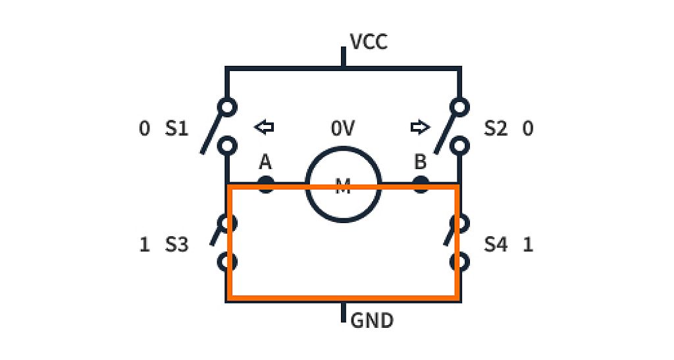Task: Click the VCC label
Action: (x=369, y=42)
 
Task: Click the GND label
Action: (x=372, y=321)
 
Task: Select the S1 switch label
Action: (x=176, y=128)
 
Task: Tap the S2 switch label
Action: (x=496, y=128)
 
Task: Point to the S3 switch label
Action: (x=176, y=245)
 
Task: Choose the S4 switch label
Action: (x=496, y=245)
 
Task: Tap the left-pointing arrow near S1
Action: (x=265, y=127)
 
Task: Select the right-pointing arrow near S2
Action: (x=419, y=127)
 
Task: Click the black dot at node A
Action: (x=265, y=184)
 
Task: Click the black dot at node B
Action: (x=421, y=184)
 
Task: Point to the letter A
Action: (x=265, y=162)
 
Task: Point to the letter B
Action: (x=420, y=162)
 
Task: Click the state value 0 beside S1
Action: (x=145, y=128)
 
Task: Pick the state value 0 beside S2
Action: (x=527, y=128)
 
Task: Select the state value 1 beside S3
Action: (x=145, y=245)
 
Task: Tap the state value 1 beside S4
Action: (x=527, y=245)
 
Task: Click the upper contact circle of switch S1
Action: (x=227, y=106)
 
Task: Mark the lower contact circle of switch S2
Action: (x=459, y=145)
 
